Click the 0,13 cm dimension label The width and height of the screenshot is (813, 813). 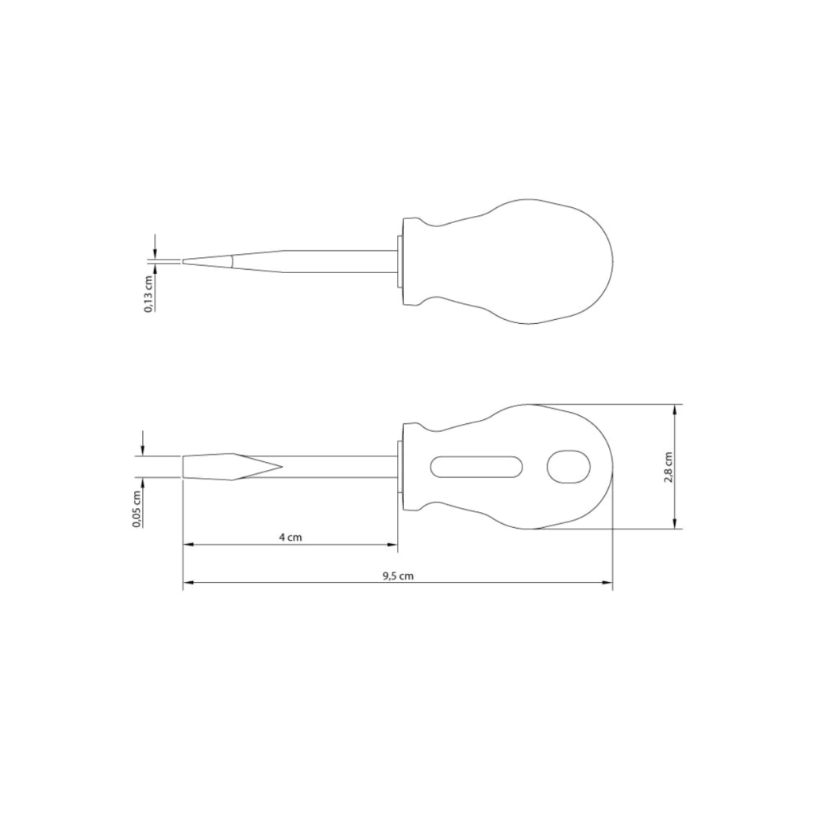pos(148,294)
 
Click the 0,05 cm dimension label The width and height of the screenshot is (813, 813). pos(137,509)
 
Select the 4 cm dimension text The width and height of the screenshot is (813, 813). pos(291,538)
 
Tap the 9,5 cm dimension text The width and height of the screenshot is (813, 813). pos(399,576)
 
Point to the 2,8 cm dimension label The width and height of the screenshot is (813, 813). pos(669,467)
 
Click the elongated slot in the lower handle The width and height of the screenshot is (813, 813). pos(476,467)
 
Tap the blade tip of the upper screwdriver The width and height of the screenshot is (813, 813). pos(183,261)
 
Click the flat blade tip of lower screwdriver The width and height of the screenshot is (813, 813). pos(183,467)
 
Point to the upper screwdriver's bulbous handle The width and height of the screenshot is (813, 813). pos(508,261)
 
